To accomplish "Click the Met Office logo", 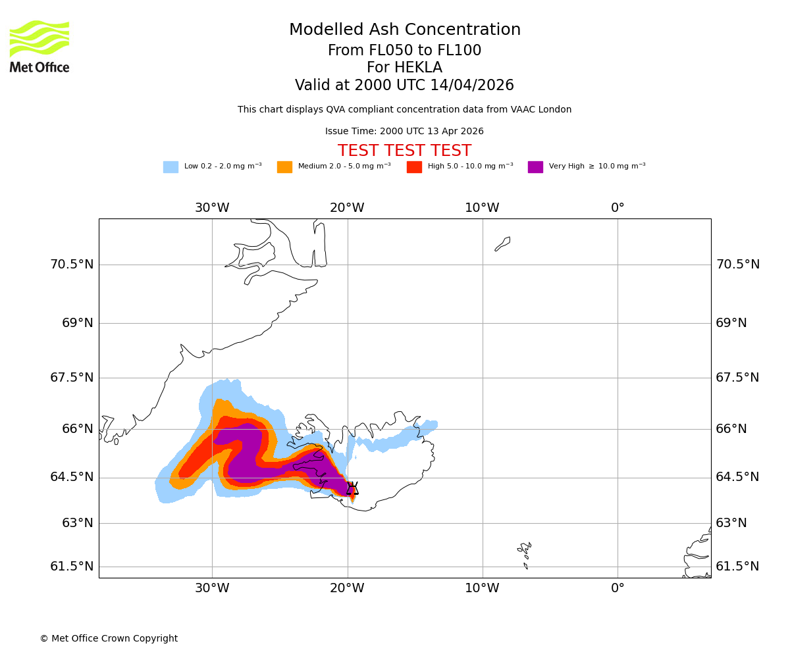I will click(x=39, y=46).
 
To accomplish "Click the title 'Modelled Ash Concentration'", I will click(x=404, y=30).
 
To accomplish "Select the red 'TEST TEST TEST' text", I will click(x=404, y=151).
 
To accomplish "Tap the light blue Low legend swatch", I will click(x=171, y=166).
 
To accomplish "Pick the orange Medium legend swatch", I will click(x=284, y=166).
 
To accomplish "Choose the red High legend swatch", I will click(x=414, y=166).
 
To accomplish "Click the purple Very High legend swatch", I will click(x=535, y=166).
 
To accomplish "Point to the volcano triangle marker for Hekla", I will click(x=352, y=488).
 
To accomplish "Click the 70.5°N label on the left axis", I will click(x=72, y=265).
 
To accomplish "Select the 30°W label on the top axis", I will click(x=212, y=208).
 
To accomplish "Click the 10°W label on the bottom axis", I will click(x=482, y=588).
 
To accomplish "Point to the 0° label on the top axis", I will click(x=618, y=208).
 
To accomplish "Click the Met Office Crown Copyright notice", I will click(x=109, y=638).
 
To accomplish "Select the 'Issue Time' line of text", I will click(x=404, y=132).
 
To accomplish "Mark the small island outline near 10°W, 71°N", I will click(x=502, y=243).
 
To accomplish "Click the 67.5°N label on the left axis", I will click(x=72, y=378).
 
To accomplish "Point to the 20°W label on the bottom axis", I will click(x=347, y=588).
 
